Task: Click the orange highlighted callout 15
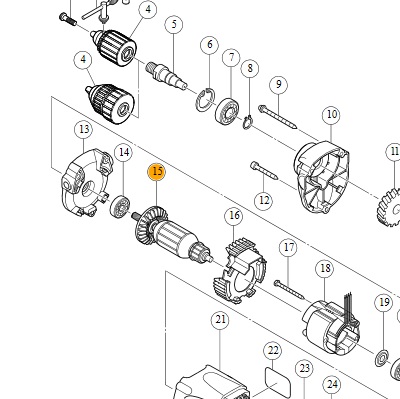click(157, 172)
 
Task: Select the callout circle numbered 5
click(174, 24)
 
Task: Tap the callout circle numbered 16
click(234, 215)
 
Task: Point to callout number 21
click(220, 320)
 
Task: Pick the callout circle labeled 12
click(264, 200)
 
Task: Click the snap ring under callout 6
click(205, 100)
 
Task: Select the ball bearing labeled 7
click(227, 110)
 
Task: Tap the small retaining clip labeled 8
click(247, 122)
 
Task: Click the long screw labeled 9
click(277, 116)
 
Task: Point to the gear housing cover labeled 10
click(321, 178)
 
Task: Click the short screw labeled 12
click(264, 170)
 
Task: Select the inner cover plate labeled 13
click(86, 183)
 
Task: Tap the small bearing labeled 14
click(120, 207)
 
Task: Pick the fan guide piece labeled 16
click(240, 270)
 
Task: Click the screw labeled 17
click(289, 289)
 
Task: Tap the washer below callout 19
click(382, 357)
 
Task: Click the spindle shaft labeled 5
click(166, 76)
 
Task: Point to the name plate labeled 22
click(277, 382)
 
